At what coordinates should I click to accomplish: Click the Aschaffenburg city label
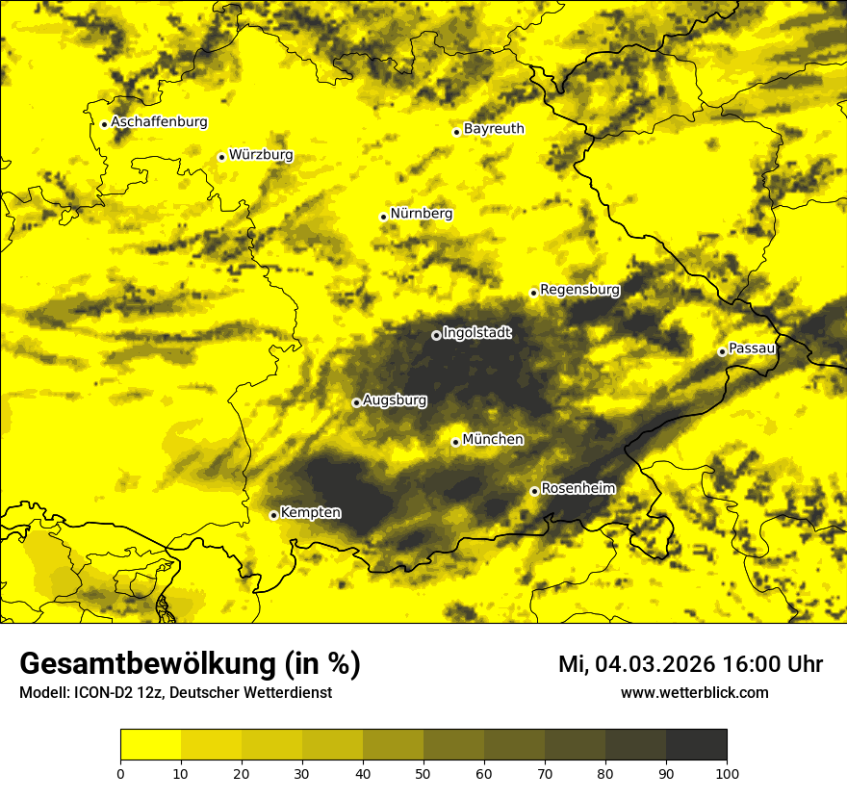(159, 122)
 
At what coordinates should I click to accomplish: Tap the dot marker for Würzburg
(221, 157)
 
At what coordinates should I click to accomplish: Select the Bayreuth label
(494, 128)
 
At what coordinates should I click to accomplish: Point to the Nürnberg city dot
(383, 217)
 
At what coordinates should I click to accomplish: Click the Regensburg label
(579, 289)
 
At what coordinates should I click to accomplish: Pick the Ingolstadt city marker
(436, 335)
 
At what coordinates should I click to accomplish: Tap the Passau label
(752, 348)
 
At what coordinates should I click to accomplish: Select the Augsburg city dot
(356, 402)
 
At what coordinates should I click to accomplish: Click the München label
(493, 439)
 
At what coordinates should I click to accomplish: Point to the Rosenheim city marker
(534, 491)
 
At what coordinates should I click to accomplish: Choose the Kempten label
(310, 512)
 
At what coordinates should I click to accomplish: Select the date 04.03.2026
(654, 664)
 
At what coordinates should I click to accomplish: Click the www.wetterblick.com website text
(694, 693)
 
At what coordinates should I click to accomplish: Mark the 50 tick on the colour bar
(423, 772)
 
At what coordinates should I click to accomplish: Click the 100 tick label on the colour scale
(727, 772)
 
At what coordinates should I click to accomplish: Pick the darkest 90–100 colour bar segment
(696, 745)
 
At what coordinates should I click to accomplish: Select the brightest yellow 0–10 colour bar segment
(151, 745)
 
